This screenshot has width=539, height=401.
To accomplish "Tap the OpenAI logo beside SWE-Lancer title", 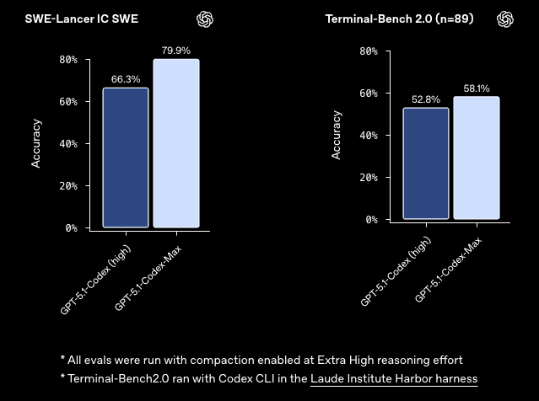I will pyautogui.click(x=205, y=19).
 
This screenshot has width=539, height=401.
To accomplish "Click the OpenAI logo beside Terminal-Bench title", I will pyautogui.click(x=505, y=19).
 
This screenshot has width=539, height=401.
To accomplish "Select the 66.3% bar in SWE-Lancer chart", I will pyautogui.click(x=126, y=158).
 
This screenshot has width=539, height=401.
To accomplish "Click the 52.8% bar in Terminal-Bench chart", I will pyautogui.click(x=426, y=163).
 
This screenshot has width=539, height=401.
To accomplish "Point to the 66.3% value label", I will pyautogui.click(x=126, y=79).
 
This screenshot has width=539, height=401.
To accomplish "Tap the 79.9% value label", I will pyautogui.click(x=176, y=51).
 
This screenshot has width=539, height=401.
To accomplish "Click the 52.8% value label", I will pyautogui.click(x=426, y=99).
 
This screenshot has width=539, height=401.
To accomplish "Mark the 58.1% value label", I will pyautogui.click(x=477, y=88).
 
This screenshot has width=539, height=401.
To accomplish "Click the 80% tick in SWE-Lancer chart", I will pyautogui.click(x=68, y=60).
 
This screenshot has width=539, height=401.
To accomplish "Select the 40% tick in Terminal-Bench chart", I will pyautogui.click(x=369, y=135).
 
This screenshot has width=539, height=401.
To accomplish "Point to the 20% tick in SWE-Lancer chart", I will pyautogui.click(x=68, y=185).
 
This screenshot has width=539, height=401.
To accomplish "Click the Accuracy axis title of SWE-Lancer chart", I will pyautogui.click(x=36, y=143).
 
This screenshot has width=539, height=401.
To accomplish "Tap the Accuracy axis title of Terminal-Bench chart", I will pyautogui.click(x=337, y=135).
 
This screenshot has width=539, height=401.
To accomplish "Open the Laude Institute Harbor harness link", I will pyautogui.click(x=394, y=379).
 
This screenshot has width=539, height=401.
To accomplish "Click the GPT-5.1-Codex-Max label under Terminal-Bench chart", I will pyautogui.click(x=448, y=270).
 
